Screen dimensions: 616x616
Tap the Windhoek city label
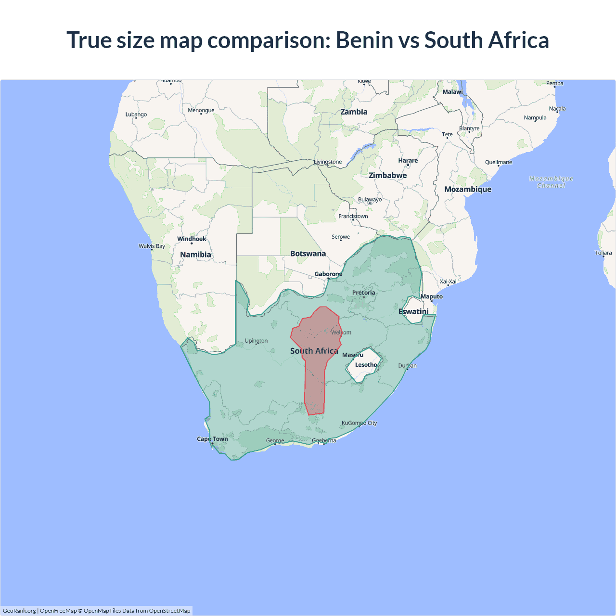point(192,239)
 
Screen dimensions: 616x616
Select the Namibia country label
point(195,255)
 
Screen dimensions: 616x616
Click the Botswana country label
point(308,254)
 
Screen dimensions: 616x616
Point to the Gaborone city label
point(328,274)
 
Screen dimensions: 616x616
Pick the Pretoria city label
point(363,293)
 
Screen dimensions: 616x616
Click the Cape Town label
point(212,439)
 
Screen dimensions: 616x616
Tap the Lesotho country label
point(366,365)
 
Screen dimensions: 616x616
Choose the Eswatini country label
point(413,312)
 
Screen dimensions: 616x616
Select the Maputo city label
point(432,296)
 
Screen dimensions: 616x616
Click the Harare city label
point(408,161)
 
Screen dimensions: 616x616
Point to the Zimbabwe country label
point(388,176)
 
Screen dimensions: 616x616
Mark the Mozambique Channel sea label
point(551,182)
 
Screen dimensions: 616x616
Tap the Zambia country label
point(354,112)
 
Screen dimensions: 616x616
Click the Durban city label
point(407,366)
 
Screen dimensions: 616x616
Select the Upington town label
point(256,341)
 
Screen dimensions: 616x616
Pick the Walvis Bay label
point(152,246)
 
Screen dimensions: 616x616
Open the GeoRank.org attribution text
point(19,611)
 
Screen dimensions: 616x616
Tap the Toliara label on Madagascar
point(603,253)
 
